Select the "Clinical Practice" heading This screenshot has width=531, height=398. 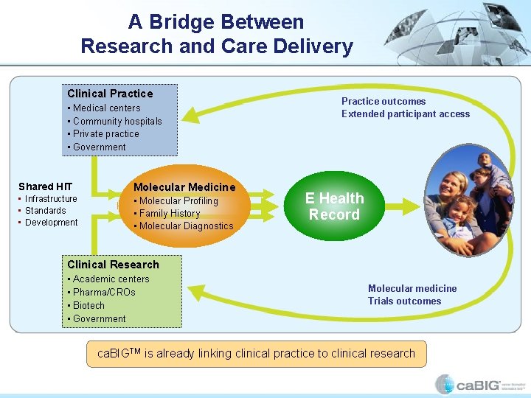tap(110, 94)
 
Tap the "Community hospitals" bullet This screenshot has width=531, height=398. tap(117, 121)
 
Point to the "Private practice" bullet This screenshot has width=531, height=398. tap(105, 134)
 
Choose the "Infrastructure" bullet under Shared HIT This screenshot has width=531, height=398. tap(51, 199)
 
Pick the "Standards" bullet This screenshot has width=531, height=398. tap(46, 211)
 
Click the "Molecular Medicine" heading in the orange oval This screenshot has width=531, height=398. tap(184, 187)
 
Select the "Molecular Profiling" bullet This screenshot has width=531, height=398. tap(178, 201)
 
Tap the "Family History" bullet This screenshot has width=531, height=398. tap(170, 214)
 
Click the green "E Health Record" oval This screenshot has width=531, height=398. tap(335, 206)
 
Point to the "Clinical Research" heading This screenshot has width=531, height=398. tap(113, 265)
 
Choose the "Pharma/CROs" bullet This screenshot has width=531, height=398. tap(104, 293)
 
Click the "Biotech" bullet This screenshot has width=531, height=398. tap(88, 306)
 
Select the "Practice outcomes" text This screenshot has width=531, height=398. tap(383, 101)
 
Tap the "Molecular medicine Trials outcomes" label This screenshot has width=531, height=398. tap(412, 295)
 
